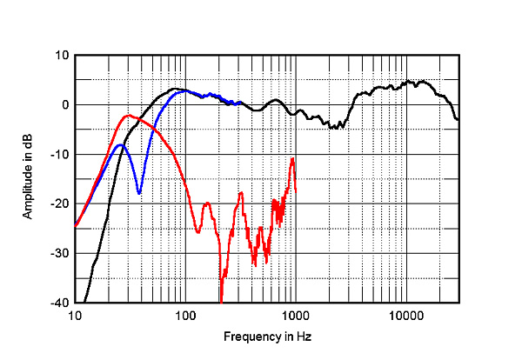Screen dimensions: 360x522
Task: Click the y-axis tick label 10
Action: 63,55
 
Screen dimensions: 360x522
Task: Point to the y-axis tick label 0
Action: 65,104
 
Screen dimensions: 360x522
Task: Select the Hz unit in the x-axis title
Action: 304,336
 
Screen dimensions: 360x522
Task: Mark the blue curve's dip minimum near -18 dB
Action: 139,193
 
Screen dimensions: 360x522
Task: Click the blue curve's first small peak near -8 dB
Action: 119,145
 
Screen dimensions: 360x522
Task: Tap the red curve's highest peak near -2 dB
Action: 128,115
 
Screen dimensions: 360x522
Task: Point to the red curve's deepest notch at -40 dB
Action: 221,301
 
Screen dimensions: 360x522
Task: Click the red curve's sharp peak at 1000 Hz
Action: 293,159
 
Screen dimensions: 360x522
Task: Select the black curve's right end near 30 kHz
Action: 458,119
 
